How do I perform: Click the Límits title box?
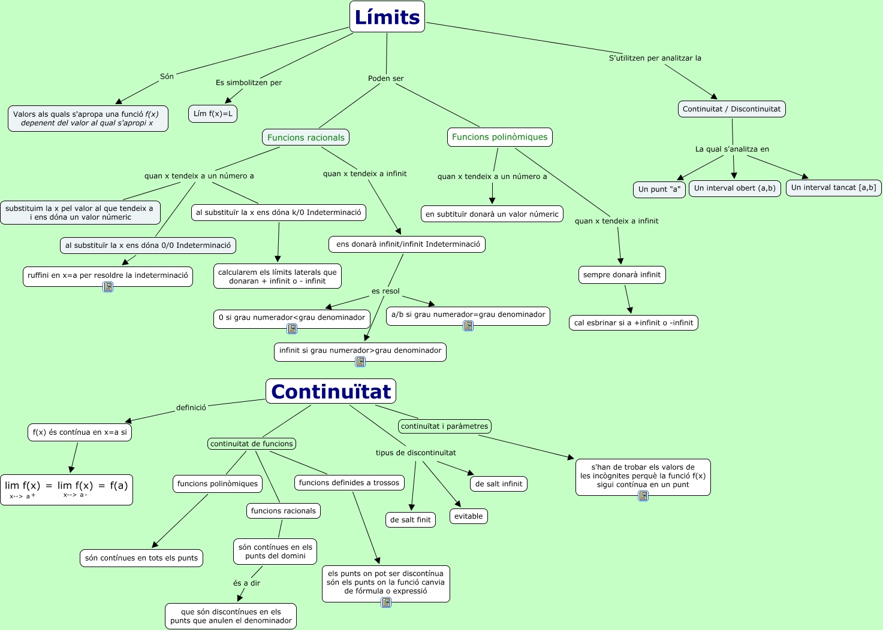[387, 17]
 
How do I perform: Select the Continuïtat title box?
[330, 391]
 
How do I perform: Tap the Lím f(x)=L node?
[213, 114]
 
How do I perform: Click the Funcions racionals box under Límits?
[306, 137]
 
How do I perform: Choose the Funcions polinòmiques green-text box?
[499, 137]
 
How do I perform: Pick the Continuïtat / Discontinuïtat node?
[731, 109]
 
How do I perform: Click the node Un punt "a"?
[659, 189]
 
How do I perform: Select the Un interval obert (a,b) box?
[734, 188]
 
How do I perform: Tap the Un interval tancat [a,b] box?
[833, 187]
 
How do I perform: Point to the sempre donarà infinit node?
[622, 275]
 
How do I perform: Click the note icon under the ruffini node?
[108, 287]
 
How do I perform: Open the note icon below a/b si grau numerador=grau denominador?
[468, 326]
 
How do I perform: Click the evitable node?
[468, 516]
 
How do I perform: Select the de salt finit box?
[410, 520]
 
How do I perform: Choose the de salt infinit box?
[499, 484]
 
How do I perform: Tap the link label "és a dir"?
[246, 583]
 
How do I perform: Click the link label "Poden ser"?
[385, 78]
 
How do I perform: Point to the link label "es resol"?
[385, 291]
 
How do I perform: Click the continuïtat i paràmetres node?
[444, 426]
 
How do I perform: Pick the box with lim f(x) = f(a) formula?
[67, 490]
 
